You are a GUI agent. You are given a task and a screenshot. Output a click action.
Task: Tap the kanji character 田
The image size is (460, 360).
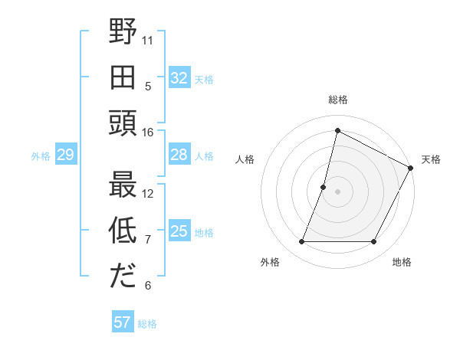[x=123, y=77]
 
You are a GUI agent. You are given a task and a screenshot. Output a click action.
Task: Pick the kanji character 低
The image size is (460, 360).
[x=123, y=231]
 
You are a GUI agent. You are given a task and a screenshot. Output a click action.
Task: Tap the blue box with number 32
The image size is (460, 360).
[x=179, y=78]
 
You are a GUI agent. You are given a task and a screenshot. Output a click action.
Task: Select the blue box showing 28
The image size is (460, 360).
[x=179, y=155]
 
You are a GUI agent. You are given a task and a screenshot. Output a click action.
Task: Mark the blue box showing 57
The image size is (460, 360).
[x=123, y=322]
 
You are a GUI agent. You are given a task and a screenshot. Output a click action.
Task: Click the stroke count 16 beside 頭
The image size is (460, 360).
[x=148, y=133]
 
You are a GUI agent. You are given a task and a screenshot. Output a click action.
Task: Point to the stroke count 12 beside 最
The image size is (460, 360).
[x=148, y=193]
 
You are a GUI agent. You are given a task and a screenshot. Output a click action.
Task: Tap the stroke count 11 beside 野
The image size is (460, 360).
[x=148, y=40]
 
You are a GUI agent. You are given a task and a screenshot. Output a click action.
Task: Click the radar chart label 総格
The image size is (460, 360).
[x=337, y=100]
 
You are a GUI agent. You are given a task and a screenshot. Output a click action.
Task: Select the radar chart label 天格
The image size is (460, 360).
[x=431, y=159]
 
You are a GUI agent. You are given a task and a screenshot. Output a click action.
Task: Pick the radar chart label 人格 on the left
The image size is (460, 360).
[x=245, y=159]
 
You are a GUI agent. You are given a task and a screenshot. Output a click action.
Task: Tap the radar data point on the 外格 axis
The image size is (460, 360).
[x=301, y=242]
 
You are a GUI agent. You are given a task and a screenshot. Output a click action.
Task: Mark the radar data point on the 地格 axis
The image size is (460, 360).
[x=374, y=242]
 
